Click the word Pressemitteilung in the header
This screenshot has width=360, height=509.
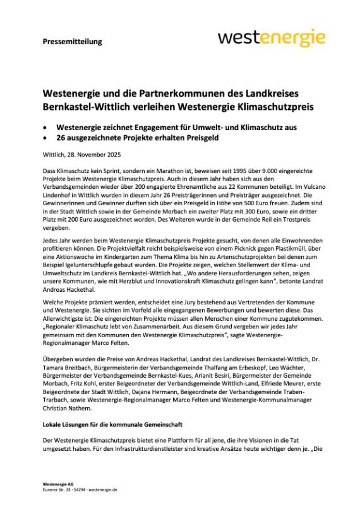coord(73,42)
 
